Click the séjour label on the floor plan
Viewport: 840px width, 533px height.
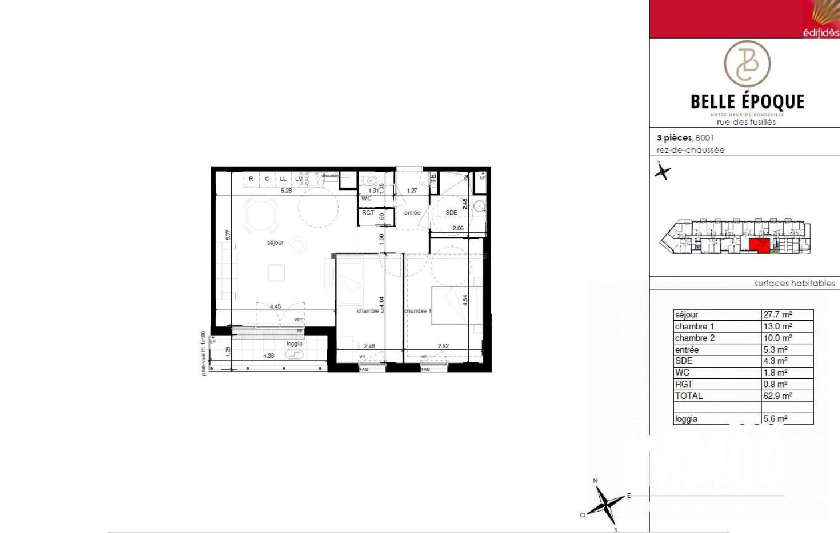[275, 242]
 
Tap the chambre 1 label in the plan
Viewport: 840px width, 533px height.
[418, 311]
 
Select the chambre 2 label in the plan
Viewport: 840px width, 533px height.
[370, 311]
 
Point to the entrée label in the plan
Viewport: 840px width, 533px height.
[412, 213]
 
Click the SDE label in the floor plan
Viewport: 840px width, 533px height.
[451, 213]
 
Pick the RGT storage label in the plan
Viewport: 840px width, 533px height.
[368, 213]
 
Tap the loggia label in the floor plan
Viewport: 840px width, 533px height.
[295, 344]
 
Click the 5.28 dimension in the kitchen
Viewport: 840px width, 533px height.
[286, 190]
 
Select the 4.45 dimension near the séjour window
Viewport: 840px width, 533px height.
[276, 306]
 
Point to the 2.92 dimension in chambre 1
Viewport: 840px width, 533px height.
[444, 346]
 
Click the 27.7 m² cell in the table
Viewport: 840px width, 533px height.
[778, 315]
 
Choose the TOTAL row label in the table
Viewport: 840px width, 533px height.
[689, 396]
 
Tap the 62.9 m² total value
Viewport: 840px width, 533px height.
[778, 396]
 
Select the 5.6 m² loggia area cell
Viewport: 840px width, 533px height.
[776, 419]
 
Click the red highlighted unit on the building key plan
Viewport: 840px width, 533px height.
[759, 245]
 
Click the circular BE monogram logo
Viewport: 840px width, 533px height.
[747, 64]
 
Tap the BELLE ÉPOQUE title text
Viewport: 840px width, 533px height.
[747, 102]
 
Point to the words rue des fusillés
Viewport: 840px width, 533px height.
[746, 122]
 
